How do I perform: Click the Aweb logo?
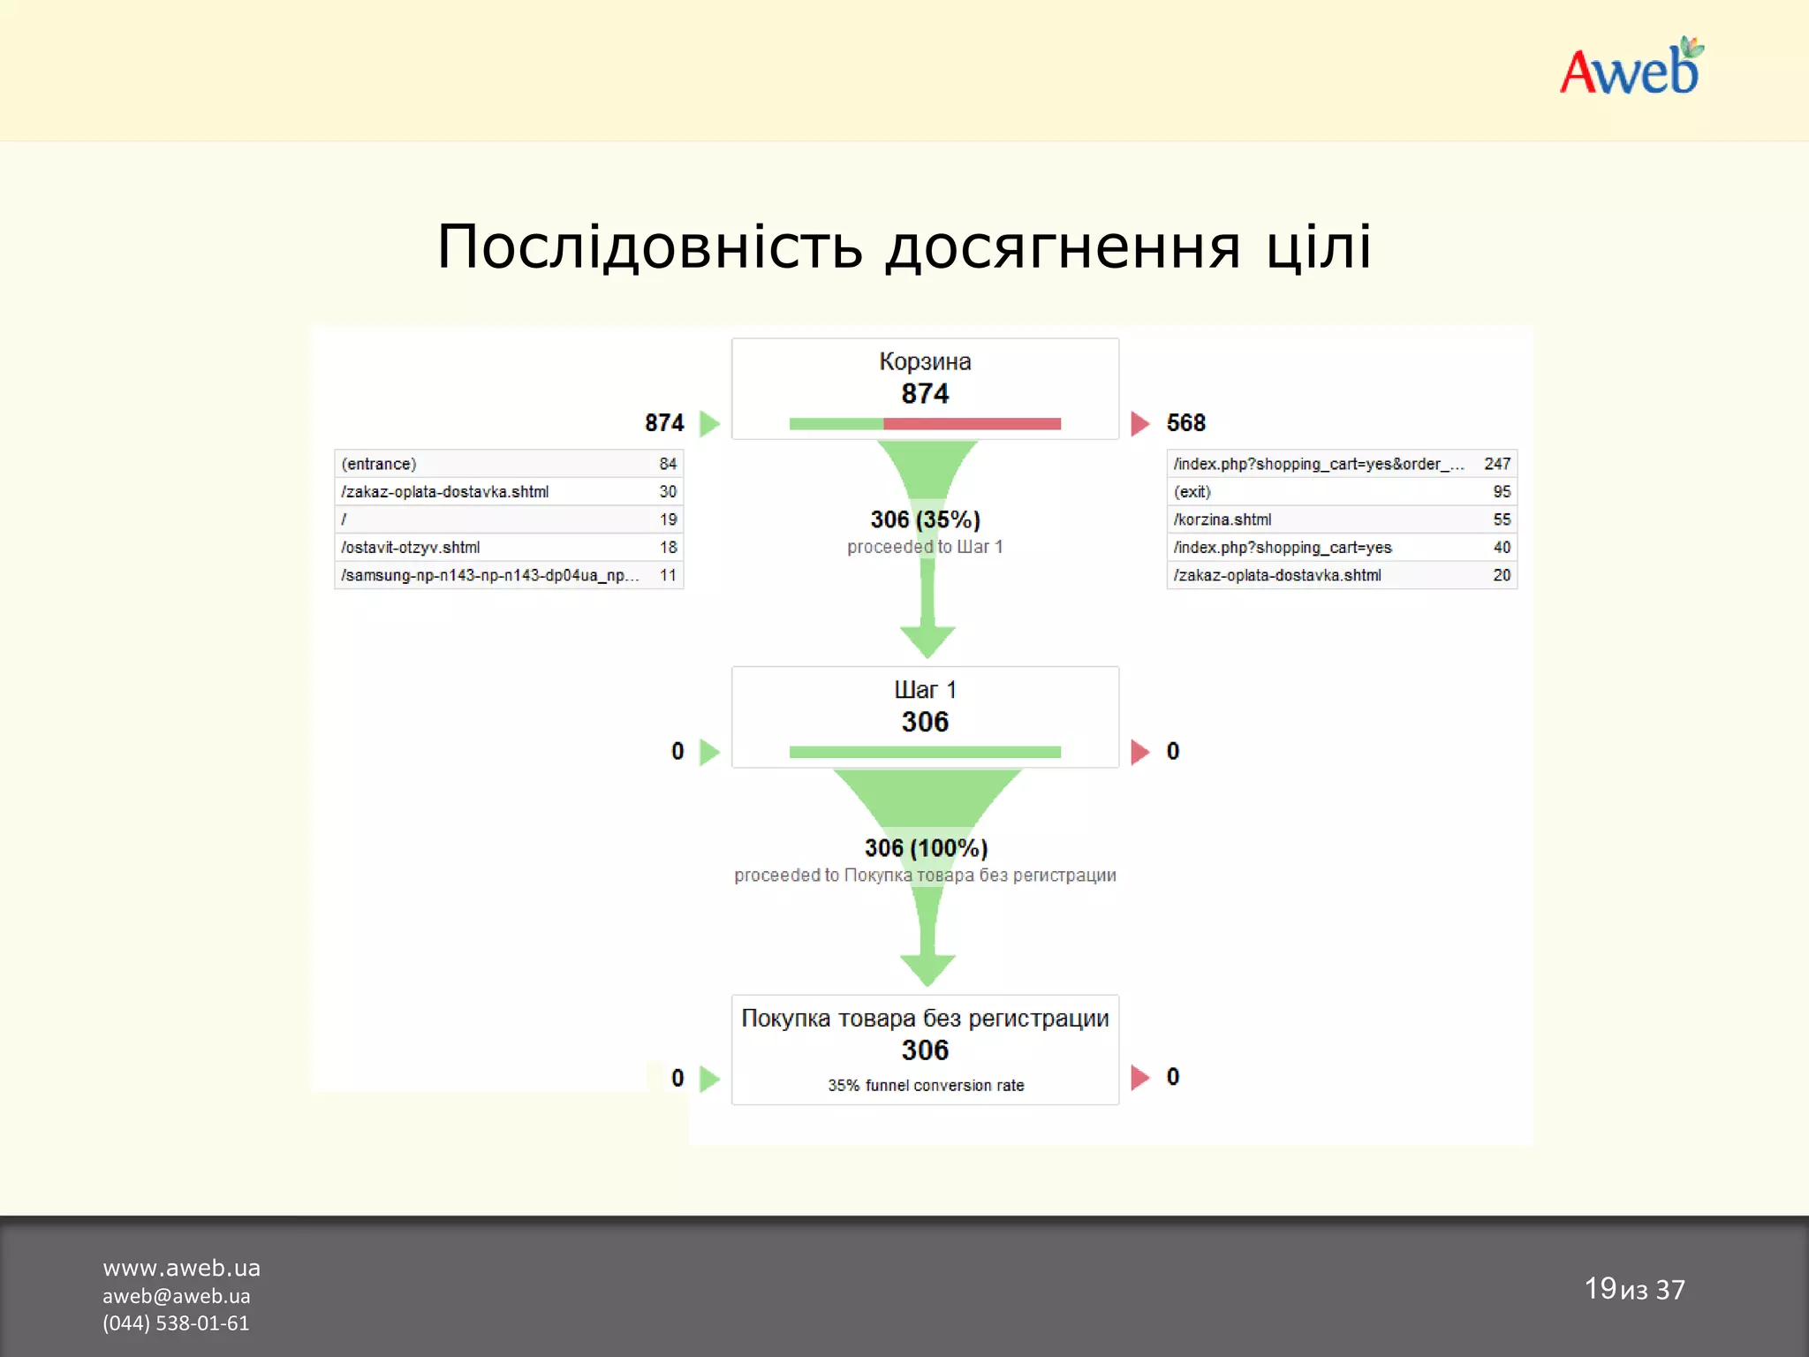[1630, 69]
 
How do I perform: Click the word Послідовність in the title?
[649, 247]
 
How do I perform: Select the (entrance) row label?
[379, 464]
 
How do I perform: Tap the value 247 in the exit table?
[1496, 464]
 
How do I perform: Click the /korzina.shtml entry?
[1222, 519]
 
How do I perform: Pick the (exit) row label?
[1192, 492]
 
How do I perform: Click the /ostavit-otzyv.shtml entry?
[411, 548]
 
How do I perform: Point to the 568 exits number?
[1185, 423]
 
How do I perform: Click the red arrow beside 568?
[1139, 424]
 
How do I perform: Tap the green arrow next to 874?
[709, 424]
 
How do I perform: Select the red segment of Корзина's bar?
[972, 424]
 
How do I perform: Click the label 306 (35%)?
[925, 519]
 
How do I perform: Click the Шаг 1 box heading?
[925, 690]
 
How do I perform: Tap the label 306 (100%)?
[926, 848]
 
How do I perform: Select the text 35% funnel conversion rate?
[926, 1086]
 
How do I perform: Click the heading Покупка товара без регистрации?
[925, 1019]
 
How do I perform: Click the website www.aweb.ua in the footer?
[181, 1268]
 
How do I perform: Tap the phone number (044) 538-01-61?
[176, 1323]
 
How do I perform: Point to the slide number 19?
[1600, 1288]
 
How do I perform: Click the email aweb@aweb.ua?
[176, 1296]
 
